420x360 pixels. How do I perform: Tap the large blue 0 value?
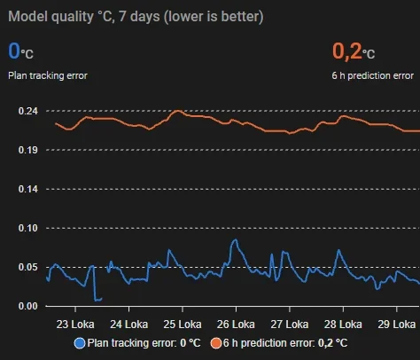(14, 51)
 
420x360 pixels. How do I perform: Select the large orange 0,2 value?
(347, 51)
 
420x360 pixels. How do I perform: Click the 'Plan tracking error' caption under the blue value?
(48, 75)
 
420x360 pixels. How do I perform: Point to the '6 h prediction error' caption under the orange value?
(372, 75)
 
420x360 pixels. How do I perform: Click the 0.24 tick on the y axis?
(28, 111)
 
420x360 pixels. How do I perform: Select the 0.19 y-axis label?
(28, 150)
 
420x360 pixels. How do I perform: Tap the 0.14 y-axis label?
(28, 189)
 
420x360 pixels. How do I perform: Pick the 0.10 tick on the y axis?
(28, 228)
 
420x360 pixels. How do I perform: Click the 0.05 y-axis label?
(28, 267)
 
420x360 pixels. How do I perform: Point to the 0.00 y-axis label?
(28, 306)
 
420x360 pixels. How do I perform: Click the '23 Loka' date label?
(75, 325)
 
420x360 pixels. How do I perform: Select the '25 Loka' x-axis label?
(183, 325)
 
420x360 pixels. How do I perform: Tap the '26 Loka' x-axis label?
(236, 325)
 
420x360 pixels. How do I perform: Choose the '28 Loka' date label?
(343, 325)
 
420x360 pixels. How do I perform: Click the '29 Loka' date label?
(397, 325)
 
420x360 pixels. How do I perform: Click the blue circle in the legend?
(80, 343)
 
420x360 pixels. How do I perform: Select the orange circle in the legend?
(216, 343)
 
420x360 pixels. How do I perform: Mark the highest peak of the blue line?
(236, 239)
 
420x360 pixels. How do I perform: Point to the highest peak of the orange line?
(178, 111)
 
